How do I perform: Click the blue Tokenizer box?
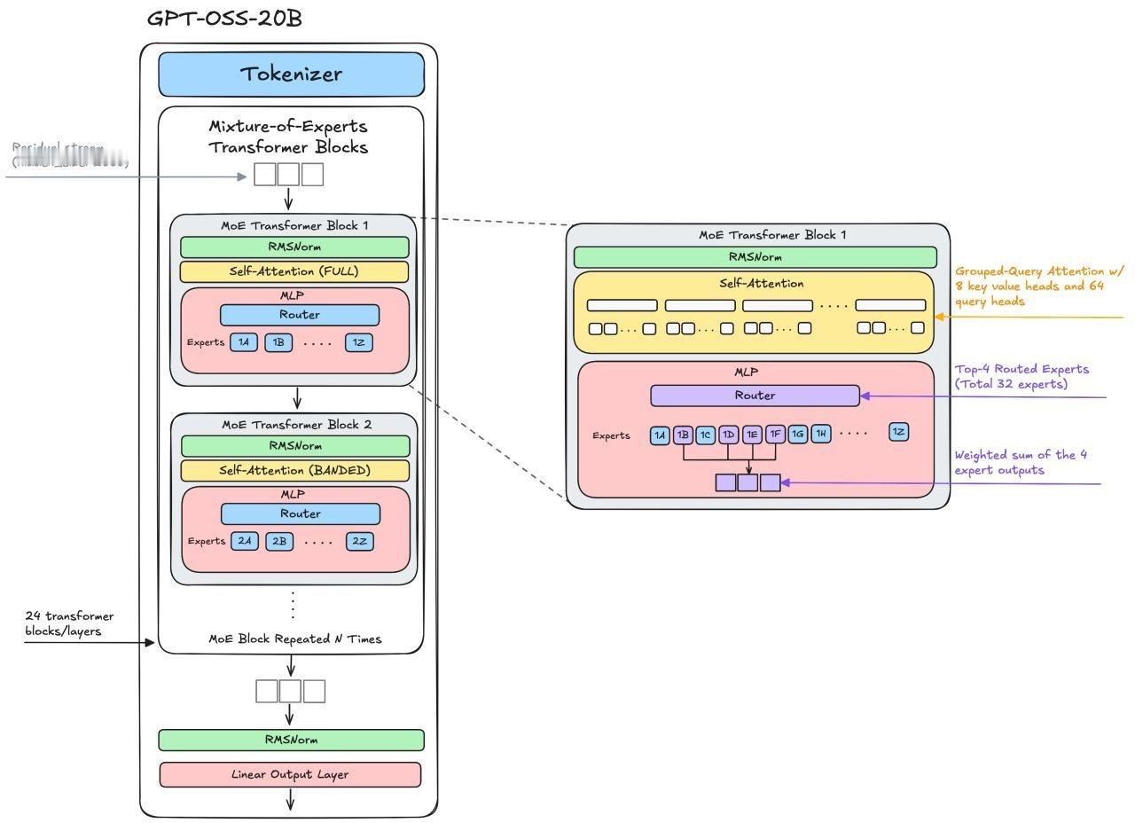tap(291, 74)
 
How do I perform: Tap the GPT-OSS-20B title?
tap(224, 19)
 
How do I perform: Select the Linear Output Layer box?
tap(290, 774)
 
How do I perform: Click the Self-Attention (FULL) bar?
tap(294, 271)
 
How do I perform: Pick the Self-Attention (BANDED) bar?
tap(295, 470)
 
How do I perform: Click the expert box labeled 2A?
tap(245, 541)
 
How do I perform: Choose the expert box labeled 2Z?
tap(360, 541)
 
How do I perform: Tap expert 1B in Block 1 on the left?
tap(278, 342)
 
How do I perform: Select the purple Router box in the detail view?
tap(755, 396)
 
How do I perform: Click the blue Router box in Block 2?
tap(301, 513)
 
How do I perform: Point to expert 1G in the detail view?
tap(798, 435)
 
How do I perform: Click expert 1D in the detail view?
tap(729, 435)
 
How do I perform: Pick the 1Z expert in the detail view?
tap(899, 432)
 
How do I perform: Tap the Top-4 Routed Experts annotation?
tap(1021, 376)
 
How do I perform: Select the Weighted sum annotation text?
tap(1021, 462)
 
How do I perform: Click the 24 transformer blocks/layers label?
tap(69, 623)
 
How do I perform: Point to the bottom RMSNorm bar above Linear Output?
tap(291, 740)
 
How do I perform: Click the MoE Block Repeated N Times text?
tap(295, 639)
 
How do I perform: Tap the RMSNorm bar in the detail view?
tap(755, 257)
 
